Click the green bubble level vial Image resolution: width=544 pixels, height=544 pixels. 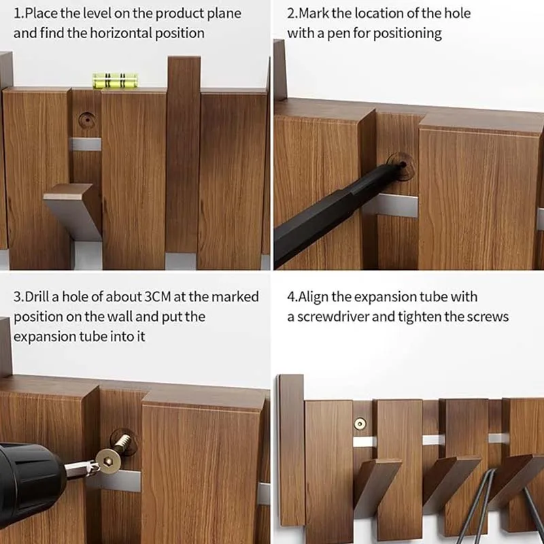[115, 80]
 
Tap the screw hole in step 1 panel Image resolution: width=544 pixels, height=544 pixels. [87, 120]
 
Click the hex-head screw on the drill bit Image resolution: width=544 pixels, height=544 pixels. [108, 462]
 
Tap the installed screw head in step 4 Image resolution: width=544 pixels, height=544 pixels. [360, 424]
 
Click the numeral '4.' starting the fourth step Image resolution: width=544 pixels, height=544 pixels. [292, 297]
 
